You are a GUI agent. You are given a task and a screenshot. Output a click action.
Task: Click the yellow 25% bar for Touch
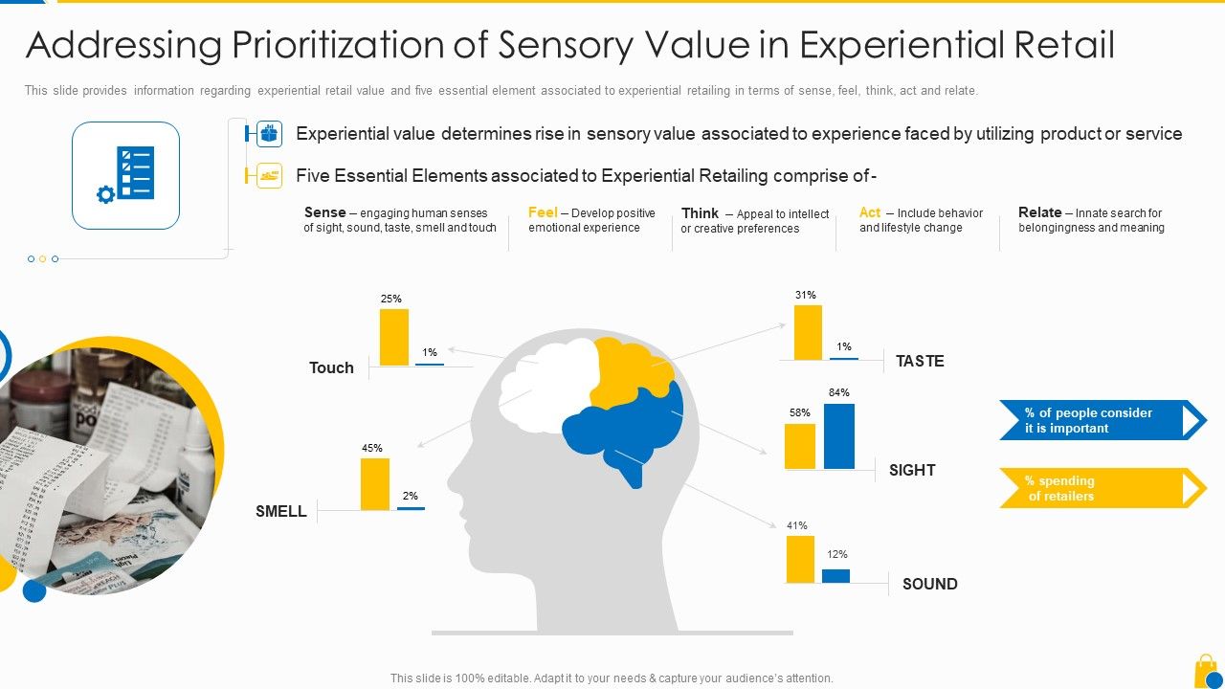coord(393,337)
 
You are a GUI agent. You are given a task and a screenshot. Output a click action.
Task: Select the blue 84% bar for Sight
coord(838,436)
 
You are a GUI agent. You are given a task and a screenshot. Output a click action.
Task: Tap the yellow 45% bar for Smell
coord(374,484)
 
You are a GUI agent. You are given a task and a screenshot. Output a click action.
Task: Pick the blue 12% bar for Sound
coord(835,576)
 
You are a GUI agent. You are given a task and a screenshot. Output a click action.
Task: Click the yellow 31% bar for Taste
coord(808,332)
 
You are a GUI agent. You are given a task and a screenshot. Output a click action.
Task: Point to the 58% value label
coord(799,412)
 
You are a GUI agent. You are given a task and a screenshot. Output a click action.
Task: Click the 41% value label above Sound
coord(796,525)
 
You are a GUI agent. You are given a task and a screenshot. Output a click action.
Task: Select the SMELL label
coord(281,511)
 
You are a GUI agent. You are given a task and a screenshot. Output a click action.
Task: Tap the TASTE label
coord(920,361)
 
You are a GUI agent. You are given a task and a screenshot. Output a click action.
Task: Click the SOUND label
coord(929,584)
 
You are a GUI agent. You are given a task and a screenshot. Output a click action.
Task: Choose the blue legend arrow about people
coord(1101,420)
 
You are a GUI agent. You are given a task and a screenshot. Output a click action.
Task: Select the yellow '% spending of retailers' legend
coord(1101,488)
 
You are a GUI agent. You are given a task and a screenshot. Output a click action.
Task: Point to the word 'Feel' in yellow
coord(543,212)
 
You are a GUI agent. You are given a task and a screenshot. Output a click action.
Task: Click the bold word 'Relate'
coord(1039,212)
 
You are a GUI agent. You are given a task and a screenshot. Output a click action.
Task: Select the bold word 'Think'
coord(700,213)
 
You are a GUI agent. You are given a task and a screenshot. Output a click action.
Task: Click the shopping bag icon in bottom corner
coord(1208,671)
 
